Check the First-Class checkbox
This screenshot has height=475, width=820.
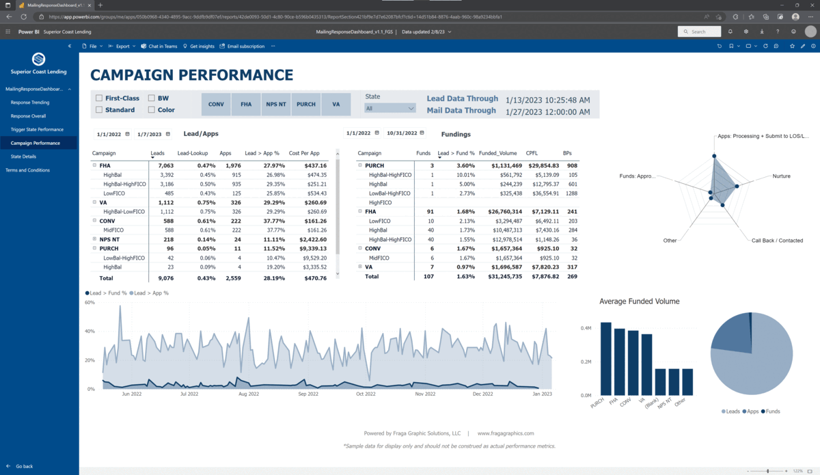pyautogui.click(x=100, y=98)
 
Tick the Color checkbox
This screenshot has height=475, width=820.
pyautogui.click(x=152, y=110)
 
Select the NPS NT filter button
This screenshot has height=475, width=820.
pyautogui.click(x=276, y=105)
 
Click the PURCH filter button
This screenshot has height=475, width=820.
pyautogui.click(x=306, y=105)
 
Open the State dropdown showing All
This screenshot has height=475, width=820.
pyautogui.click(x=389, y=108)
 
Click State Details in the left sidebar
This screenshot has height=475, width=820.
pyautogui.click(x=24, y=157)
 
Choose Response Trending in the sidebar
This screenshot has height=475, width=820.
pyautogui.click(x=30, y=102)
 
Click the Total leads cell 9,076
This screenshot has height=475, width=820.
pyautogui.click(x=164, y=279)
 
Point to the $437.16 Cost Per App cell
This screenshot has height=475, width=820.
pyautogui.click(x=315, y=165)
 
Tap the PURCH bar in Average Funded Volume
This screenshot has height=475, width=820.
pyautogui.click(x=605, y=358)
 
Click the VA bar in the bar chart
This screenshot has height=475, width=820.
pyautogui.click(x=646, y=364)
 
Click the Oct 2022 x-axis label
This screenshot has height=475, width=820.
pyautogui.click(x=366, y=394)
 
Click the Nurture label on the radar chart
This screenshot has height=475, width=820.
pyautogui.click(x=781, y=176)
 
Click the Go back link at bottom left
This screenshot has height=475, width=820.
pyautogui.click(x=24, y=466)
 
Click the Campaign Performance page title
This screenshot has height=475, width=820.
pyautogui.click(x=192, y=75)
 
